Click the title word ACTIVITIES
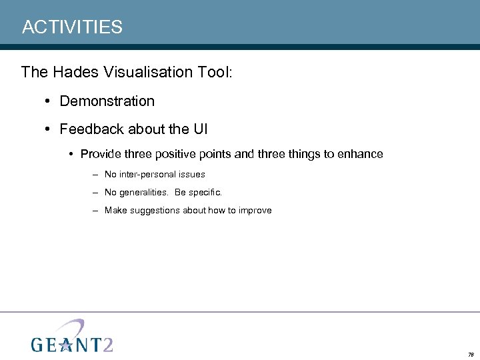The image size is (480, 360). point(72,27)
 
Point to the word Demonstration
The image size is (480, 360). point(107,101)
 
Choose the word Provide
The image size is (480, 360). point(101,155)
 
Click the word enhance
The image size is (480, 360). point(361,155)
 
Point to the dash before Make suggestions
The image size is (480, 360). point(97,211)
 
